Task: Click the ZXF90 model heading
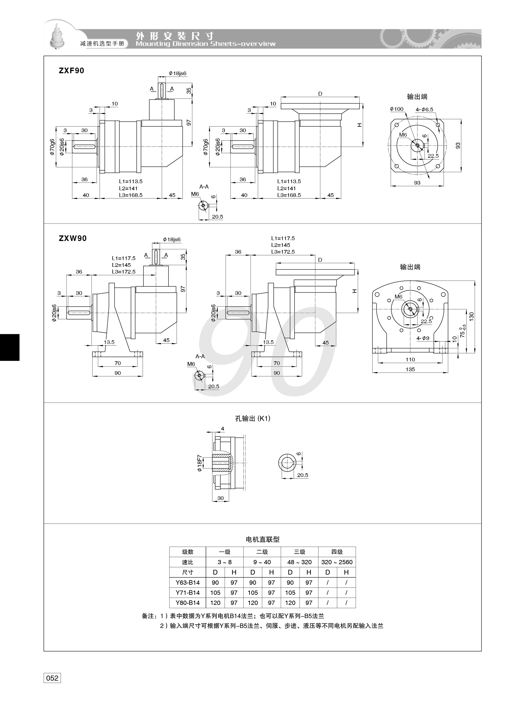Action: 72,70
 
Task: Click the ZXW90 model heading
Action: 72,238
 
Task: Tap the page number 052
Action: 52,678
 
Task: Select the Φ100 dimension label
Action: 397,109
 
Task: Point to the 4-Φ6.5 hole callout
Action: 424,110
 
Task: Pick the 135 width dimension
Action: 410,369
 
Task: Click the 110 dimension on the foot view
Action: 410,360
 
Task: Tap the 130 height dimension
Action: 472,316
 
